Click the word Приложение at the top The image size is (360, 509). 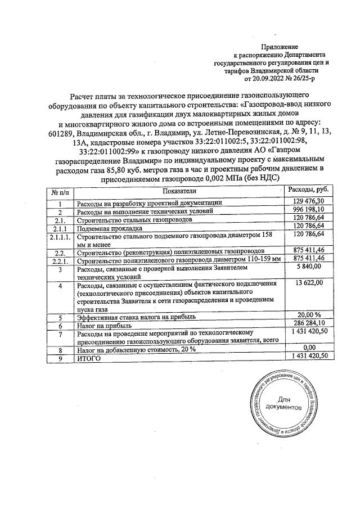click(x=280, y=46)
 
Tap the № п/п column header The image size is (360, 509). click(x=59, y=191)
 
